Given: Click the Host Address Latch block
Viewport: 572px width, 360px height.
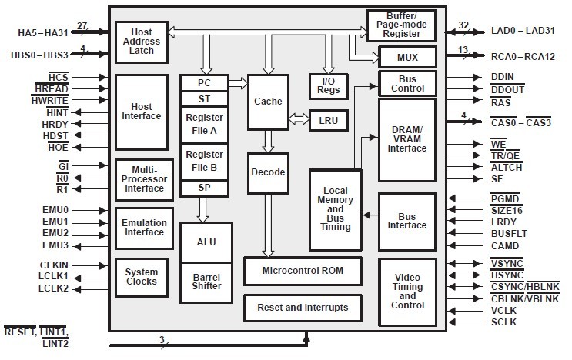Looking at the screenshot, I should (141, 42).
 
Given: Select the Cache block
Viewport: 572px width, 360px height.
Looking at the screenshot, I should (266, 101).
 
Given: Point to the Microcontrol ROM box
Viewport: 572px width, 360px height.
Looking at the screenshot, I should (303, 271).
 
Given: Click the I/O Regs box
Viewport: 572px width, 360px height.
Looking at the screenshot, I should (329, 85).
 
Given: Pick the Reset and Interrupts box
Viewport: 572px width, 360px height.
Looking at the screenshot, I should (303, 308).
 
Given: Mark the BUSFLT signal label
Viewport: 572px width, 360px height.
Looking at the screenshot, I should (508, 232).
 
